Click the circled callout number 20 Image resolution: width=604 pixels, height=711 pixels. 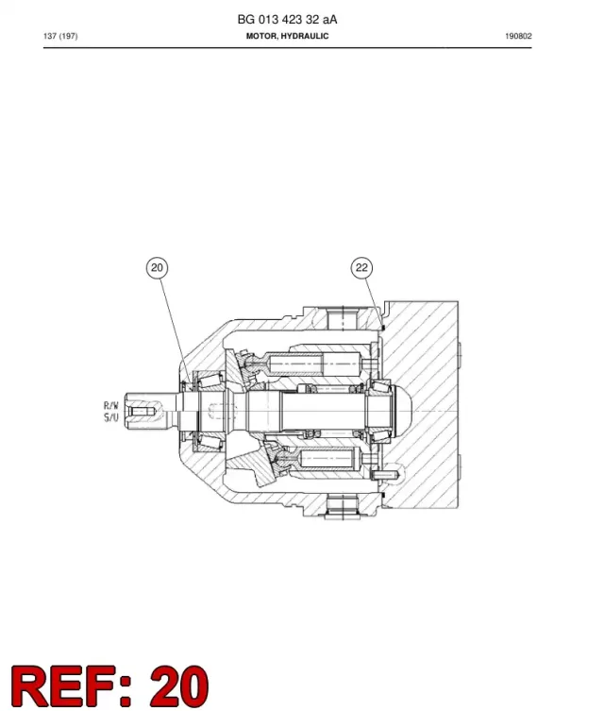(x=157, y=267)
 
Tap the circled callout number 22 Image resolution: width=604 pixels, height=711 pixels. (x=361, y=267)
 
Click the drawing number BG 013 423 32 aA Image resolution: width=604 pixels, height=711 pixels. (x=287, y=20)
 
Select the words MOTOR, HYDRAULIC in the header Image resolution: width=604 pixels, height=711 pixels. (x=287, y=36)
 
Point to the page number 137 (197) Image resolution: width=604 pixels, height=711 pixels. (x=60, y=36)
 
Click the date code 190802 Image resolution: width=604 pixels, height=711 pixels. (x=518, y=36)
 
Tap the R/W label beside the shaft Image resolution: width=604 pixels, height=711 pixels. (x=111, y=405)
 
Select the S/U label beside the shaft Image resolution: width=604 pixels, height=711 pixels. (x=111, y=417)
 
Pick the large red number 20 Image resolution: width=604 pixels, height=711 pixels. (x=179, y=686)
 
